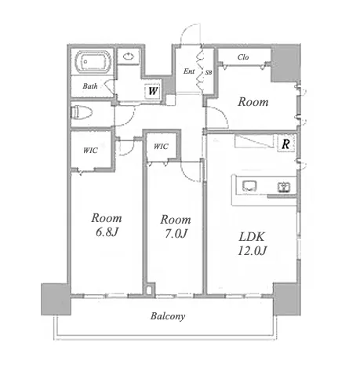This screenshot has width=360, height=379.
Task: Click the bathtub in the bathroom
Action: pos(93,62)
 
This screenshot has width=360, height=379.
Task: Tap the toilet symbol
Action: pos(82,113)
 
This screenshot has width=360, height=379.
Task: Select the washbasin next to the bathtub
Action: pos(128,56)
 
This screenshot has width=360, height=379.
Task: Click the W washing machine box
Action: pos(153,91)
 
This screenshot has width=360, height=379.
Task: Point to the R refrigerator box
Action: pos(286,144)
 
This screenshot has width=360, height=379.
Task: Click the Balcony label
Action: pos(168,316)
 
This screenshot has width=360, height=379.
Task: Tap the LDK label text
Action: pos(252,237)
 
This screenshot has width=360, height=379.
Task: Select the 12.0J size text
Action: pos(252,251)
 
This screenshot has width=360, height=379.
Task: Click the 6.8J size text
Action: pos(107,232)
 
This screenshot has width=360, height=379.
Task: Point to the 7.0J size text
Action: pos(176,233)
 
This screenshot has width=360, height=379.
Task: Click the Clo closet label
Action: pos(243,57)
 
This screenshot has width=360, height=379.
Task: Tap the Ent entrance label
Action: pos(189,71)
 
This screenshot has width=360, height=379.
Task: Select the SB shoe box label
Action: pos(209,73)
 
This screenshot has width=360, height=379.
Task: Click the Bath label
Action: pos(90,86)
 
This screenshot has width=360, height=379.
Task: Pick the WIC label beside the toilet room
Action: pos(90,151)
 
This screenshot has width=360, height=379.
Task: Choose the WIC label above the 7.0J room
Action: pos(161,147)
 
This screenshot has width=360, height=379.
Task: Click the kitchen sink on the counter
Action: pos(249,186)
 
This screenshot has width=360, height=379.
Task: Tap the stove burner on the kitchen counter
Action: pos(284,188)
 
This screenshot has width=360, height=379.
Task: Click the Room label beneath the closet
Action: pos(253,102)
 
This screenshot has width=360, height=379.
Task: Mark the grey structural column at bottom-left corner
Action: pos(56,299)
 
